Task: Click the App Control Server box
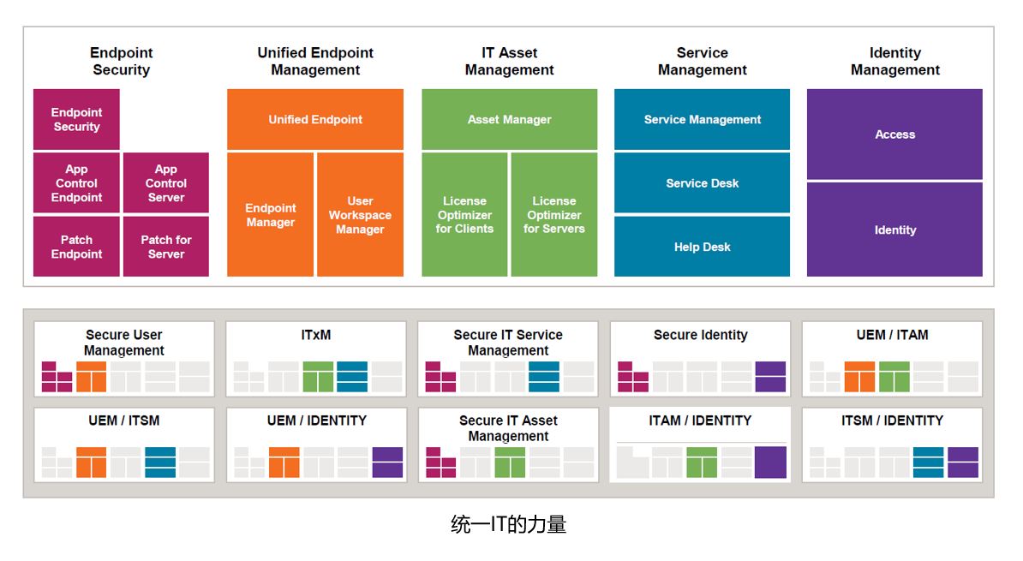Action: [x=166, y=183]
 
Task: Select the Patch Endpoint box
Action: [x=76, y=247]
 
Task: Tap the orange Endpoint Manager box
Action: [x=271, y=215]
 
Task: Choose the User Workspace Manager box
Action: [x=360, y=215]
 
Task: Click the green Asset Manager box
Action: [x=510, y=120]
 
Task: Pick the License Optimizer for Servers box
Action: [x=554, y=215]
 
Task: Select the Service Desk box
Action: [x=703, y=183]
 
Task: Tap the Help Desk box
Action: [x=703, y=247]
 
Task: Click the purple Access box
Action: [x=894, y=134]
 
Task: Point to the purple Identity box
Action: [x=894, y=230]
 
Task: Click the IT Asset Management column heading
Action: [x=510, y=62]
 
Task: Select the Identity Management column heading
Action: [x=894, y=62]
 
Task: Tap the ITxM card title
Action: [x=316, y=335]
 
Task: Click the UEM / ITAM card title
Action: [x=892, y=335]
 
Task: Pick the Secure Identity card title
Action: [x=700, y=335]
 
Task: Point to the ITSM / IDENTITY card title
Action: [x=892, y=421]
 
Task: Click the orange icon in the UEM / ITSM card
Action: [x=91, y=463]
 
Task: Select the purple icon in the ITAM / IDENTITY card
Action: [x=770, y=463]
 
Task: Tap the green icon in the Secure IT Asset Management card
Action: [x=510, y=463]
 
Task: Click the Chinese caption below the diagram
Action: [x=509, y=524]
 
